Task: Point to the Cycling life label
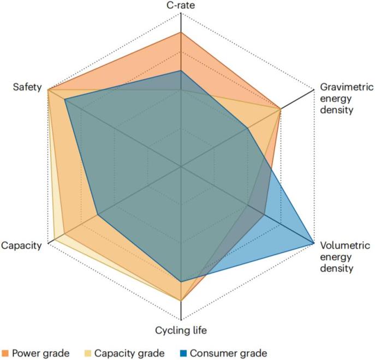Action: tap(181, 330)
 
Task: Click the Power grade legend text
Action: tap(41, 353)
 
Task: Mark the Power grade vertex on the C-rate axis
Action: tap(181, 32)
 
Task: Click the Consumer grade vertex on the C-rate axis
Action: tap(181, 70)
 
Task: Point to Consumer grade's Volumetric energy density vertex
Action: tap(313, 243)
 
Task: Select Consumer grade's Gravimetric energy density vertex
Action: tap(248, 129)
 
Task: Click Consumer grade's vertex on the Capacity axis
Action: tap(98, 214)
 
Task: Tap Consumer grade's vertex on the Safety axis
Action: tap(64, 100)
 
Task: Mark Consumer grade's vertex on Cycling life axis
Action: tap(181, 281)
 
